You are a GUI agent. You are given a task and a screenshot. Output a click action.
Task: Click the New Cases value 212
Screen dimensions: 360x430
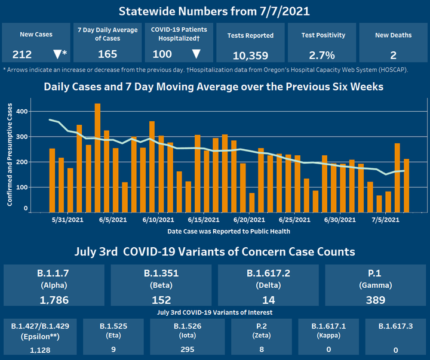[x=23, y=54]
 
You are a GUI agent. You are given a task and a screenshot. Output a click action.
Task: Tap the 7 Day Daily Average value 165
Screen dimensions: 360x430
[x=107, y=54]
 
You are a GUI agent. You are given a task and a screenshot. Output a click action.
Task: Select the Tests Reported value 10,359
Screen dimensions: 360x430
[x=250, y=56]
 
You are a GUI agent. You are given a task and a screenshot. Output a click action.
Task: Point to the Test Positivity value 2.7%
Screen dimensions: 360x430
[x=322, y=56]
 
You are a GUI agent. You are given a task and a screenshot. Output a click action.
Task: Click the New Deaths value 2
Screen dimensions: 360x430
[x=393, y=56]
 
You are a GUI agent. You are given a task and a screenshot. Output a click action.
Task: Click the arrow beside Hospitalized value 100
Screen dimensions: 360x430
[x=196, y=54]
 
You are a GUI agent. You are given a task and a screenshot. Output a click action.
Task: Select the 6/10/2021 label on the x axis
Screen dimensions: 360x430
[x=159, y=220]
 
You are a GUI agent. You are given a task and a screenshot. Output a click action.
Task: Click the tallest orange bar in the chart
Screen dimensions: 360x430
[x=97, y=158]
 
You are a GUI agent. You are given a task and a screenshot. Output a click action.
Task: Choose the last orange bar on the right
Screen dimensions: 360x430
[x=407, y=185]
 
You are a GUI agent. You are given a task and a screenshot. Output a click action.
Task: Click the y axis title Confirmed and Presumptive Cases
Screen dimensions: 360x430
[x=10, y=155]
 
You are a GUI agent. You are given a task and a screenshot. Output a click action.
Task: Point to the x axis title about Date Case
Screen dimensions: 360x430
[x=229, y=231]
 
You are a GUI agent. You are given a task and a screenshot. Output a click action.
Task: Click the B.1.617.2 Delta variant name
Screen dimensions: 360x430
[x=269, y=273]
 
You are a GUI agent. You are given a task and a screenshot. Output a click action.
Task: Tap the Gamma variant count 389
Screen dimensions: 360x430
[x=376, y=300]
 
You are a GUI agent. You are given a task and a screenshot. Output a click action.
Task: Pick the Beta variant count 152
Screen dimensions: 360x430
[x=162, y=300]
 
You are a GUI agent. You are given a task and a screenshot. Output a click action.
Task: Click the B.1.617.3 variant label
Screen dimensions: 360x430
[x=395, y=327]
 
